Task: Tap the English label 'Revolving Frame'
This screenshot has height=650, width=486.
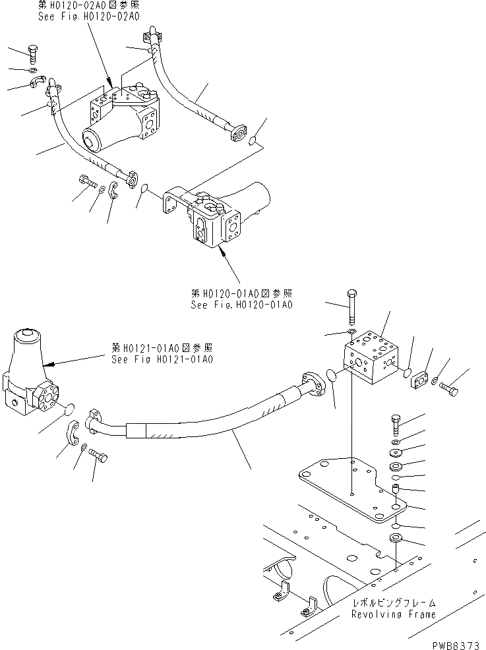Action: tap(394, 614)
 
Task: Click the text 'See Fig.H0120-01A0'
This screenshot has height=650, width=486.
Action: tap(241, 305)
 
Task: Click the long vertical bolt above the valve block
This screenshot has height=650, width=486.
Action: tap(351, 305)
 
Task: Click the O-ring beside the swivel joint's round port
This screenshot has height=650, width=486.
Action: tap(67, 411)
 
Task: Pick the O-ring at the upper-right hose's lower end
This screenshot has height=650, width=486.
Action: tap(255, 139)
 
